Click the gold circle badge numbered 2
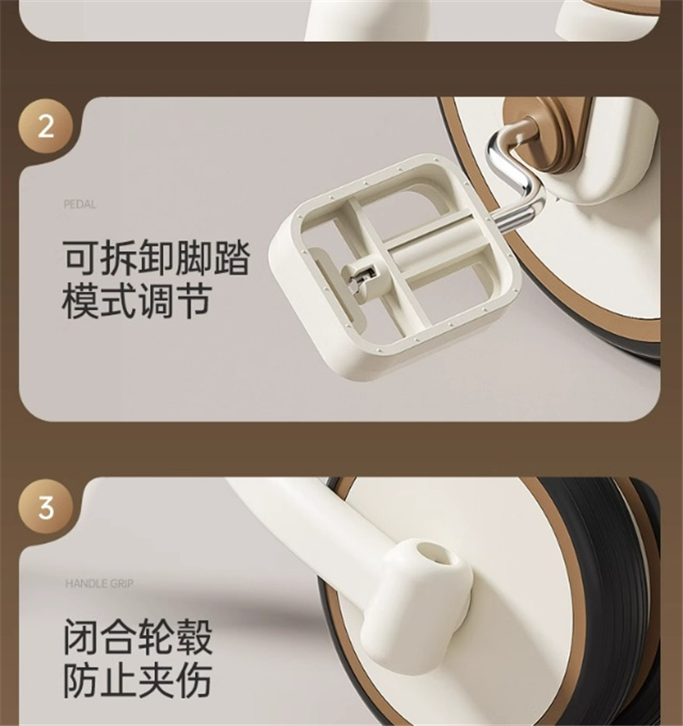[x=46, y=126]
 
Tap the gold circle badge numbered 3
[x=46, y=508]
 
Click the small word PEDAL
[x=80, y=205]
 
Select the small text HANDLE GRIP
[x=99, y=584]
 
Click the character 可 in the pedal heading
[x=81, y=257]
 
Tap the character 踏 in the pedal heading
[x=231, y=257]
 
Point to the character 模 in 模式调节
[x=81, y=301]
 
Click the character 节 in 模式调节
[x=194, y=301]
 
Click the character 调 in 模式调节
[x=156, y=301]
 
